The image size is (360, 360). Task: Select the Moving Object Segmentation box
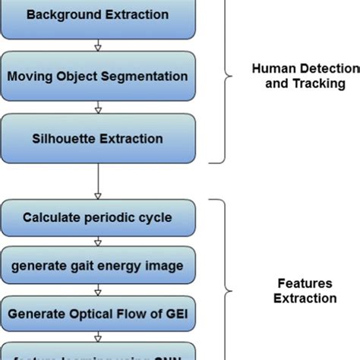(x=96, y=76)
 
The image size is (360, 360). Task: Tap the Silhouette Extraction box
(x=96, y=138)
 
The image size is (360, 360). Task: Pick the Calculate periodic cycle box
(x=96, y=217)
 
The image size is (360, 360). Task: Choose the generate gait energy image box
(x=96, y=265)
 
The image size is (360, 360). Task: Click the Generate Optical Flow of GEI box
(x=96, y=311)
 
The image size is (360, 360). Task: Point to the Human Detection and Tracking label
(x=304, y=76)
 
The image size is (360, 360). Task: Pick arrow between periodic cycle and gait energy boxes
(x=96, y=242)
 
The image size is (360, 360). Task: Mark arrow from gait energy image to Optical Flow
(x=96, y=289)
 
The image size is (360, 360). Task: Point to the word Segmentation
(x=150, y=76)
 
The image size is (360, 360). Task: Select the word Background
(x=58, y=14)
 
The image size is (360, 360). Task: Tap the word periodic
(x=108, y=217)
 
